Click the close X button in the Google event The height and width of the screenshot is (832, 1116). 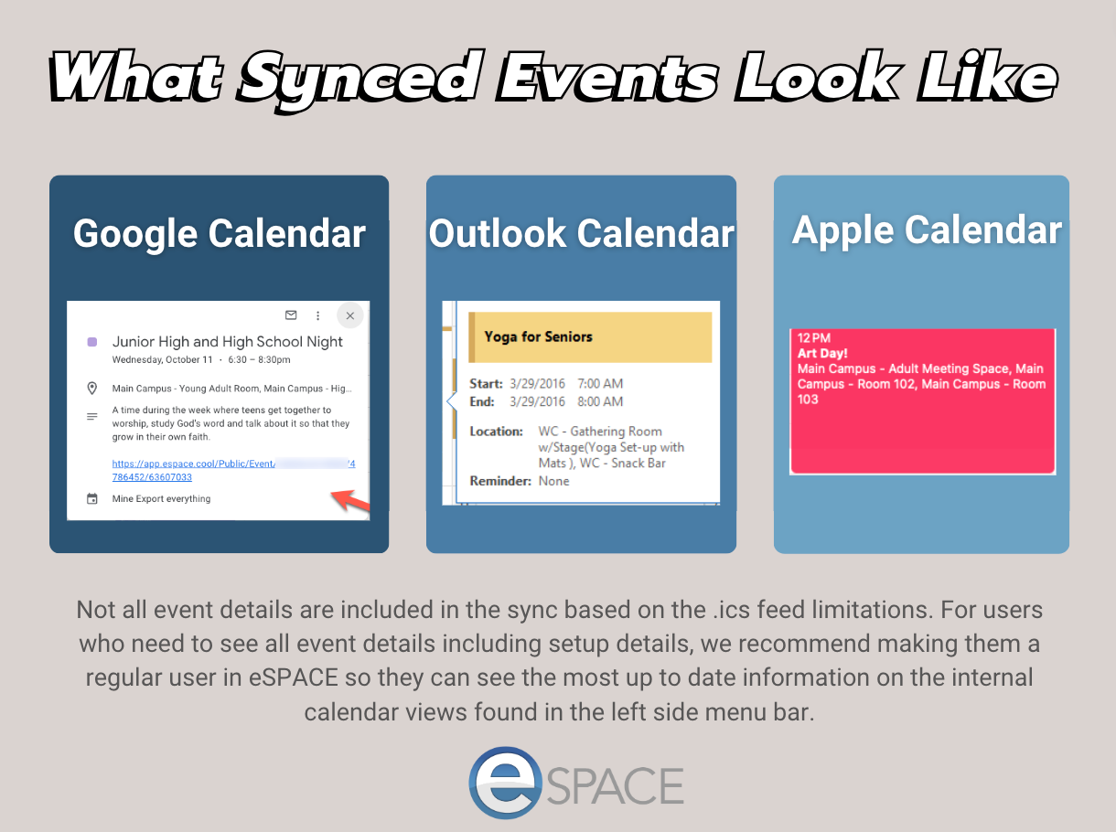coord(349,315)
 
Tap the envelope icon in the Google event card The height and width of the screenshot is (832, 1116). coord(291,315)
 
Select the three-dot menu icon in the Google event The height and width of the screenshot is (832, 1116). coord(317,315)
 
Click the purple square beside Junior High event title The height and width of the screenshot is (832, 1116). coord(92,342)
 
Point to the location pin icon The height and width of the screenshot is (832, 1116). coord(92,389)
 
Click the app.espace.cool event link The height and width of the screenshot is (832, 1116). coord(233,470)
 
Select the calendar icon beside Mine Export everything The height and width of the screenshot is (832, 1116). coord(92,499)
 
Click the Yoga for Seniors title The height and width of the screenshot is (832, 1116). coord(539,336)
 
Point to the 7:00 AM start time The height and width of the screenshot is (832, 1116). coord(600,383)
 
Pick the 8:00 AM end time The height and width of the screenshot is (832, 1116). coord(600,401)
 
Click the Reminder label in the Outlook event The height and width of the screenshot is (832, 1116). coord(500,481)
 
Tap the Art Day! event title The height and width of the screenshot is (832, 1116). coord(822,354)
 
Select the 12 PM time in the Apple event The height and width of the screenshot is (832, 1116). coord(813,337)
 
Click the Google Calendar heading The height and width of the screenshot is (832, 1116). coord(220,233)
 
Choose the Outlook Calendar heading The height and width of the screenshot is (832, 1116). coord(581,233)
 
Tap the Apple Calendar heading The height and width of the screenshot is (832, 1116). coord(927,230)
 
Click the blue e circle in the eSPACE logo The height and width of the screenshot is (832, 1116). coord(505,783)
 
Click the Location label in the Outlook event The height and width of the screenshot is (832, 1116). coord(496,432)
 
